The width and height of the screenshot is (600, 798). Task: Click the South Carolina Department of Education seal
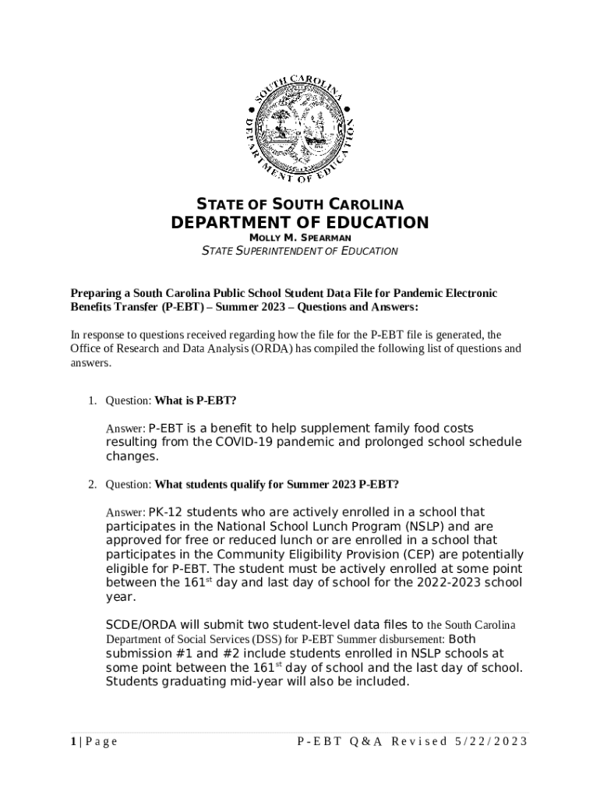pyautogui.click(x=300, y=122)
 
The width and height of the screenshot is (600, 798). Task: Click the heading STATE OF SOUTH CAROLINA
pyautogui.click(x=300, y=205)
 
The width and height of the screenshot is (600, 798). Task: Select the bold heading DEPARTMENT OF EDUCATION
pyautogui.click(x=300, y=223)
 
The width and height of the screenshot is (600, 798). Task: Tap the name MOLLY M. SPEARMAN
pyautogui.click(x=300, y=237)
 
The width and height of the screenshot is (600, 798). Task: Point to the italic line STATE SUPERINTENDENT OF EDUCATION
pyautogui.click(x=300, y=251)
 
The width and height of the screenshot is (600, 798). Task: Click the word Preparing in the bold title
pyautogui.click(x=100, y=293)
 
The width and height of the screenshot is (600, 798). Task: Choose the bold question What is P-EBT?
pyautogui.click(x=196, y=401)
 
